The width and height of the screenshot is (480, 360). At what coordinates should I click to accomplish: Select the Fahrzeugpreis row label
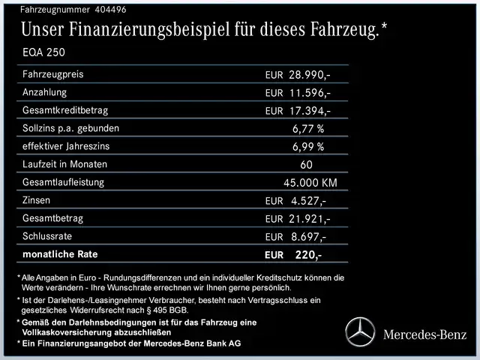[x=53, y=75]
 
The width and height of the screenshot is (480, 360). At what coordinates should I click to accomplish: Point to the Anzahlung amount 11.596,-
[x=310, y=93]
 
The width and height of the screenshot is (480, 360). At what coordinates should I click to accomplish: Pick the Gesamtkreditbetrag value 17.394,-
[x=310, y=111]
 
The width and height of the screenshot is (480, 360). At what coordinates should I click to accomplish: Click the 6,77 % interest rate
[x=308, y=128]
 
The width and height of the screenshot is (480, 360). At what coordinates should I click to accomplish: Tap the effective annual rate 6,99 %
[x=308, y=146]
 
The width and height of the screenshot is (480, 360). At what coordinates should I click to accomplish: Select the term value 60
[x=306, y=164]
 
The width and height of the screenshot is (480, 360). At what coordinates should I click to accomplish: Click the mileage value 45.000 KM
[x=310, y=182]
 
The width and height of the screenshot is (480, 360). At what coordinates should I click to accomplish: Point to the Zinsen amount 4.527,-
[x=307, y=201]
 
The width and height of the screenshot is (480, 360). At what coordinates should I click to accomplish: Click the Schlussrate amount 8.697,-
[x=307, y=237]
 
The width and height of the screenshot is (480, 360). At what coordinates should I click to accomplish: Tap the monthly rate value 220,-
[x=308, y=255]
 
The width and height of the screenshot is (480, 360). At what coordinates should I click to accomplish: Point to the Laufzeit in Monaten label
[x=65, y=163]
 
